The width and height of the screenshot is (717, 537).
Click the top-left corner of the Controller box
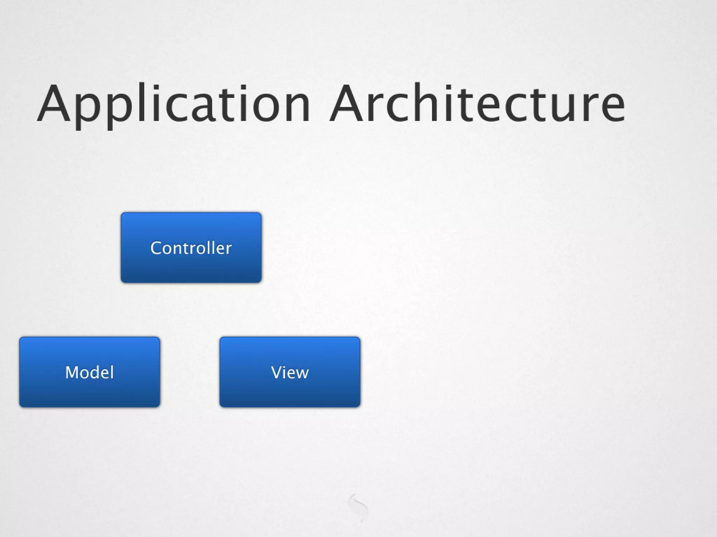pos(122,214)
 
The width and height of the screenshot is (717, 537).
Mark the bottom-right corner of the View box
pos(359,406)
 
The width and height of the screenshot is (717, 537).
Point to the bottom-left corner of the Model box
pos(21,406)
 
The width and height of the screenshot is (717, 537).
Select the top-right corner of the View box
pos(359,338)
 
